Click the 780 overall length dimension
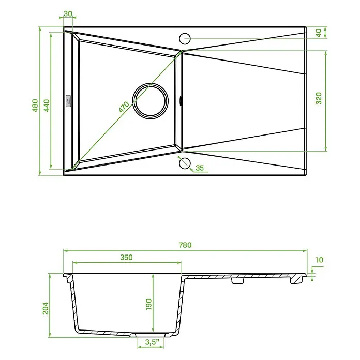(185, 245)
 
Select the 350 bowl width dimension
(126, 257)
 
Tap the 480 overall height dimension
(35, 106)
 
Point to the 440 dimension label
(47, 106)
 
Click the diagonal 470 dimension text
(124, 107)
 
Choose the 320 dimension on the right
(319, 98)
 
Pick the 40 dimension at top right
(319, 33)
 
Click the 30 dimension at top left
(68, 13)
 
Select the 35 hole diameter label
(200, 168)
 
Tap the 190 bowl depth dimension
(149, 305)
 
